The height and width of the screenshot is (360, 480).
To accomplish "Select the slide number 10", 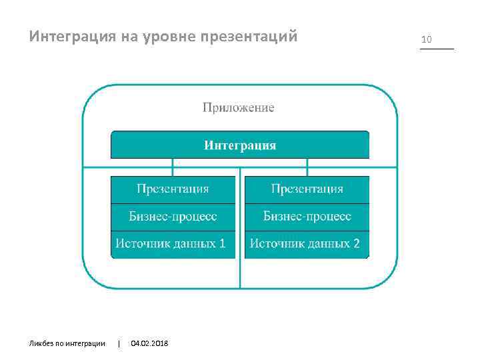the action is pos(427,40).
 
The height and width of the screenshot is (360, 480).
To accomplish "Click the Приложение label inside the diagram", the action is pos(238,107).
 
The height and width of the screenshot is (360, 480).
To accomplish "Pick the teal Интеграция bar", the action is pos(239,145).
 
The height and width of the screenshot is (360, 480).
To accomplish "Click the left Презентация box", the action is pos(173,189).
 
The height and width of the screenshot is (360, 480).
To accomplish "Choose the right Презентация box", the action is pos(307,189).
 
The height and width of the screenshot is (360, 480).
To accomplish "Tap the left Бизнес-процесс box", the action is pos(173,216).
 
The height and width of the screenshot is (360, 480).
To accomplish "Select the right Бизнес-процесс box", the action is pos(307,216).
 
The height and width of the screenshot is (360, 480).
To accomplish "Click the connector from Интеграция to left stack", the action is pos(173,167).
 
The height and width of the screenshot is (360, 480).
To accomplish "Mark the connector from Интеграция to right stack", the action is pos(307,167).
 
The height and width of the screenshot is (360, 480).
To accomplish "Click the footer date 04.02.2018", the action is pos(150,343).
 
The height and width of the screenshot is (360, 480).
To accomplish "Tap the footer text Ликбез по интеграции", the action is pos(67,343).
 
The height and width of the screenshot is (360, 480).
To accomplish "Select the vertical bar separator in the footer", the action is pos(119,343).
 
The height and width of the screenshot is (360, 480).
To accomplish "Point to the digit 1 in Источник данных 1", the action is pos(222,244).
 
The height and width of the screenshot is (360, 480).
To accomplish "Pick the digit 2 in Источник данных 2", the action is pos(357,244).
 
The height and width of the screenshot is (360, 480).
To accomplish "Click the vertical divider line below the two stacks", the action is pos(240,273).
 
